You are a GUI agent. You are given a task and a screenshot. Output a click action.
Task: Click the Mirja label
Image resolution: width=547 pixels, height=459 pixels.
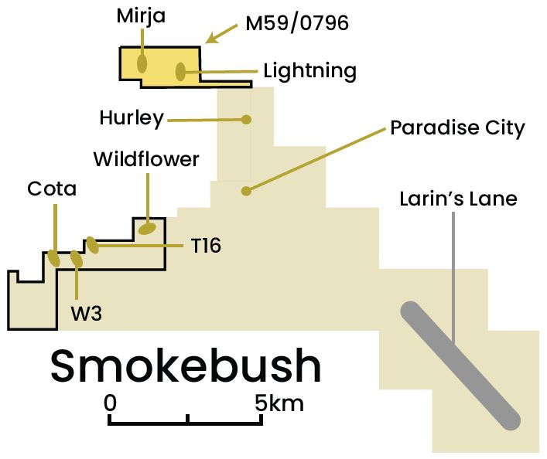[x=141, y=17]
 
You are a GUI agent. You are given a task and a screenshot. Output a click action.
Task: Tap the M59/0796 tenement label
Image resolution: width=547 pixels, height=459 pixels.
[x=297, y=24]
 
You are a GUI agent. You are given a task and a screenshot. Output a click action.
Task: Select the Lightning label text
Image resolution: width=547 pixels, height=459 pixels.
[x=309, y=71]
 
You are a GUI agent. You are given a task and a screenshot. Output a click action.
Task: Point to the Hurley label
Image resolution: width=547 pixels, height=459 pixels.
[x=132, y=118]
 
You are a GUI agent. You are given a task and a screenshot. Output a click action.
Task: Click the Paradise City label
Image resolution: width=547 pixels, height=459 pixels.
[x=457, y=128]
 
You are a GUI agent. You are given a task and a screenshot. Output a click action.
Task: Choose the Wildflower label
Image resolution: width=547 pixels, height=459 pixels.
[x=146, y=159]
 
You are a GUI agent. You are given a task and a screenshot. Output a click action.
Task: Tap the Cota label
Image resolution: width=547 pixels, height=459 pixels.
[x=52, y=189]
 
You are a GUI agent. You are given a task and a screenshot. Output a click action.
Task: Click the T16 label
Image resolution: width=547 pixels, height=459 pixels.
[x=206, y=246]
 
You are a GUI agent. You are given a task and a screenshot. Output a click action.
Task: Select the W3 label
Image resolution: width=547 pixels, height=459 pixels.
[x=86, y=313]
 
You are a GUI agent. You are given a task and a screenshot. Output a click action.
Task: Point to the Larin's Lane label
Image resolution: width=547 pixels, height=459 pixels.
[x=458, y=199]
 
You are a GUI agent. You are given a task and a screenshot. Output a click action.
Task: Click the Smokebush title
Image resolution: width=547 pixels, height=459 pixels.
[x=186, y=367]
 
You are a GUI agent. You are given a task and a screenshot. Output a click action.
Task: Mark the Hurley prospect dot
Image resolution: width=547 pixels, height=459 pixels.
[x=246, y=120]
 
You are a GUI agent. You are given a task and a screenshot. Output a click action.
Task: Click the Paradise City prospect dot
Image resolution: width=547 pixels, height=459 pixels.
[x=246, y=191]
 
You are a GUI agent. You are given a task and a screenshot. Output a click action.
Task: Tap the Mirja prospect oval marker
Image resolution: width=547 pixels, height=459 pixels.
[x=142, y=63]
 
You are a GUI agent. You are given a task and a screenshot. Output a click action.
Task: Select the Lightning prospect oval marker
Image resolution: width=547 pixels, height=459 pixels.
[x=180, y=71]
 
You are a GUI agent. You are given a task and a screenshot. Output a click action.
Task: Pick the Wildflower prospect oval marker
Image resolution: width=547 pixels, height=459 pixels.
[x=147, y=229]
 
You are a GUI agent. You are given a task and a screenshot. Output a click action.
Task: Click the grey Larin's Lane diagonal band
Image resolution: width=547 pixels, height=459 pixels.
[x=460, y=365]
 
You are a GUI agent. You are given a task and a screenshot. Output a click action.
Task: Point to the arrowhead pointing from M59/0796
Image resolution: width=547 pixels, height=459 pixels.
[x=210, y=39]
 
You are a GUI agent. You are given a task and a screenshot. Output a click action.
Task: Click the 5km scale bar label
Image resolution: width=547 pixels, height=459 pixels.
[x=279, y=403]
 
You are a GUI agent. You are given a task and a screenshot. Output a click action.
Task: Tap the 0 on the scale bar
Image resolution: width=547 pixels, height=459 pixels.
[x=110, y=403]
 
